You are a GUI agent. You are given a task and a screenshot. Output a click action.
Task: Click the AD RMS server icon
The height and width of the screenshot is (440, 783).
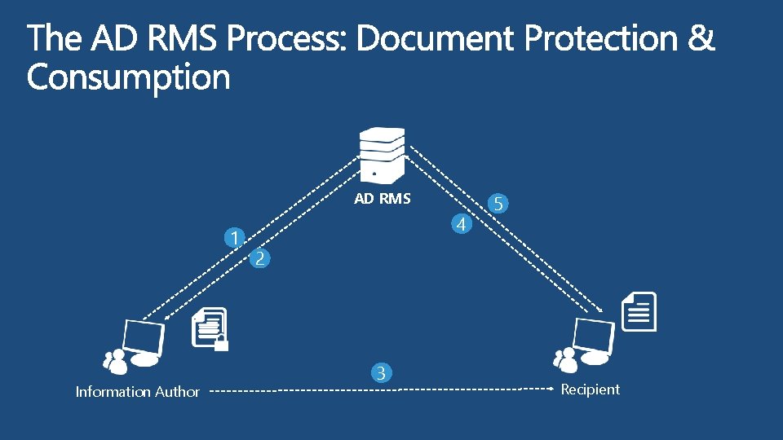coord(383,156)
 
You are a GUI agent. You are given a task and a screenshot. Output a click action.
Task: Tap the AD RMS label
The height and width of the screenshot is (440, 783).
coord(382,199)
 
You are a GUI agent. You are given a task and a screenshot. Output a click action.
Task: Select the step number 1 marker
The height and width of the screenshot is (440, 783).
coord(235,239)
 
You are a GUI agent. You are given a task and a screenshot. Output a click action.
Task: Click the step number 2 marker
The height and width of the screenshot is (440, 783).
coord(259,259)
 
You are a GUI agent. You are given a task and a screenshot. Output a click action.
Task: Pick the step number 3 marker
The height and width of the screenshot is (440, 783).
coord(380,373)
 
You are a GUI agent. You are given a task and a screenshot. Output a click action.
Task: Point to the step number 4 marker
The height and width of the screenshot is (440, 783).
coord(462,223)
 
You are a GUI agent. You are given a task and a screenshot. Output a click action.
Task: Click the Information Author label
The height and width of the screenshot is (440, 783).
coord(137,392)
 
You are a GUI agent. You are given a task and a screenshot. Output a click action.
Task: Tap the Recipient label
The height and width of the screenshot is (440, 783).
coord(590,389)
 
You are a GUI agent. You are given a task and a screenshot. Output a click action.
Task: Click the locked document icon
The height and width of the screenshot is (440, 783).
coord(209,328)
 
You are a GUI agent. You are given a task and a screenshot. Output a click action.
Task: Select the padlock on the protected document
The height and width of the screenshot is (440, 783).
coord(220,343)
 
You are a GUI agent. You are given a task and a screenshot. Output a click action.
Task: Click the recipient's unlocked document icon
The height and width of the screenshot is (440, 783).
coord(639,311)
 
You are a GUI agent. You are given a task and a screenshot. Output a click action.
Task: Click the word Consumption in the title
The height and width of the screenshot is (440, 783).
coord(128,78)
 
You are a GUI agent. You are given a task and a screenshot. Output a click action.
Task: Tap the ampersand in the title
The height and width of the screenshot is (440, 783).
coord(701,38)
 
